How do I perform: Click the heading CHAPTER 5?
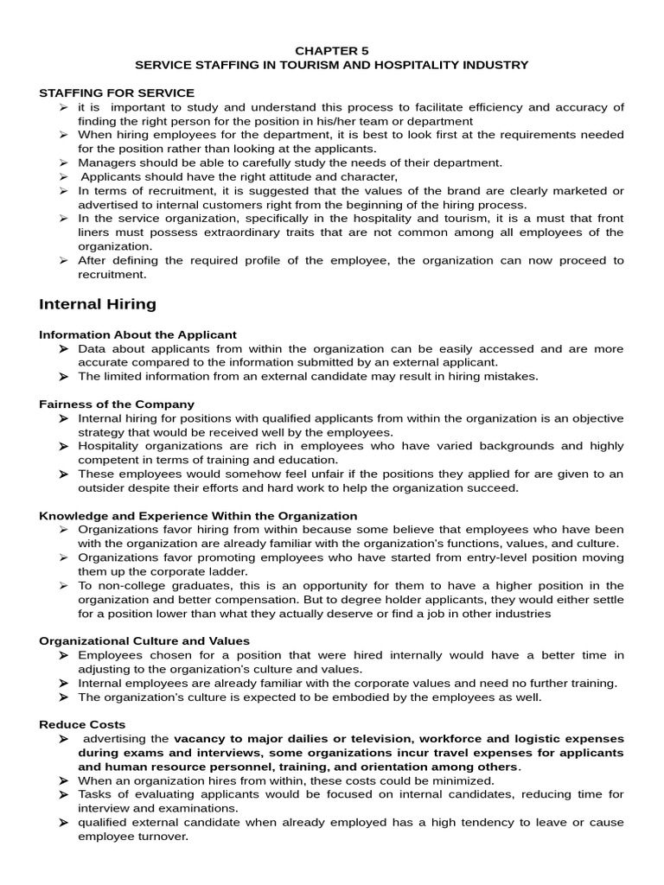coord(332,51)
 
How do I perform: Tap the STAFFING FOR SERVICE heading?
coord(117,92)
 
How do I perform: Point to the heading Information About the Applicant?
coord(137,334)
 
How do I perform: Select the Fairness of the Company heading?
coord(117,404)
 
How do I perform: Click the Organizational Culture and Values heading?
coord(144,640)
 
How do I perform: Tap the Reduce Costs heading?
coord(82,724)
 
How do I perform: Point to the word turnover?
coord(161,836)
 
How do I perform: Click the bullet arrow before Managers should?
coord(65,162)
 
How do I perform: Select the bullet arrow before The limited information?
coord(65,376)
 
